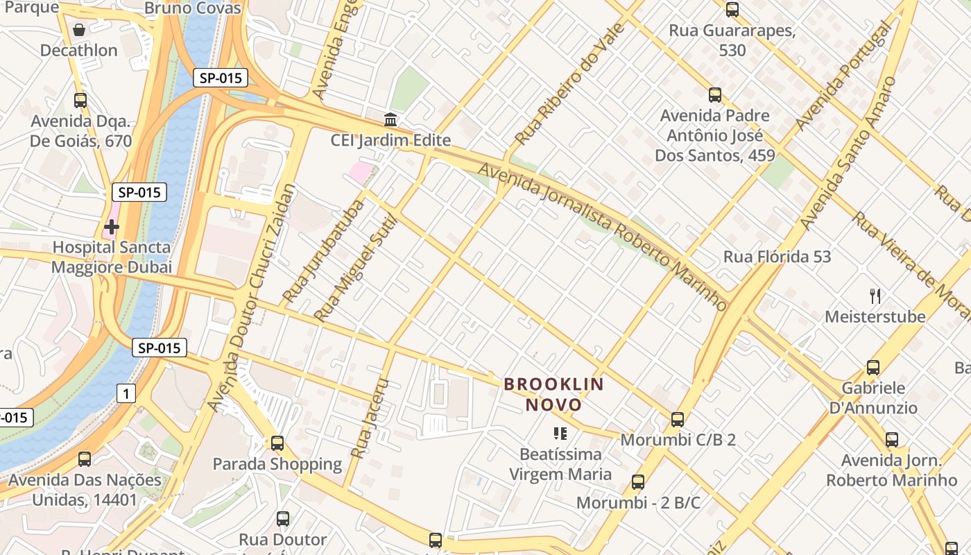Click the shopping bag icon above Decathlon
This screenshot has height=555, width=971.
coord(79,30)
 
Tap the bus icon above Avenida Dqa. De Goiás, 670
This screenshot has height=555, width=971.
coord(80,101)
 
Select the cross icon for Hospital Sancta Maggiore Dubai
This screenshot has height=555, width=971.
coord(111,226)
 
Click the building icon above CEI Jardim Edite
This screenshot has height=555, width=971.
coord(390,119)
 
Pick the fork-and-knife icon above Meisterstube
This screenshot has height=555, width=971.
coord(875,296)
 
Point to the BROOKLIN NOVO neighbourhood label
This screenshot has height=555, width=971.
coord(553,394)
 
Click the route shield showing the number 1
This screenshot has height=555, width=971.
coord(126,394)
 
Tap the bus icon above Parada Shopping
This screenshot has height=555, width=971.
coord(277,443)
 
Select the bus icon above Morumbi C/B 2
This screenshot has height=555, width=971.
coord(678,419)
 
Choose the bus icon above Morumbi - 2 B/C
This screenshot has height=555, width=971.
coord(638,481)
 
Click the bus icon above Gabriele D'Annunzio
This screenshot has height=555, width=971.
coord(873,367)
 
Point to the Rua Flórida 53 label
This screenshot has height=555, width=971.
coord(777,257)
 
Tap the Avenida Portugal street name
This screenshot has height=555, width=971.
coord(843,76)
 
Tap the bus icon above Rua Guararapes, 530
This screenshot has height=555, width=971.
coord(732,10)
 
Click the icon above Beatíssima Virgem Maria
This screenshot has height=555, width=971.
coord(560,434)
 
